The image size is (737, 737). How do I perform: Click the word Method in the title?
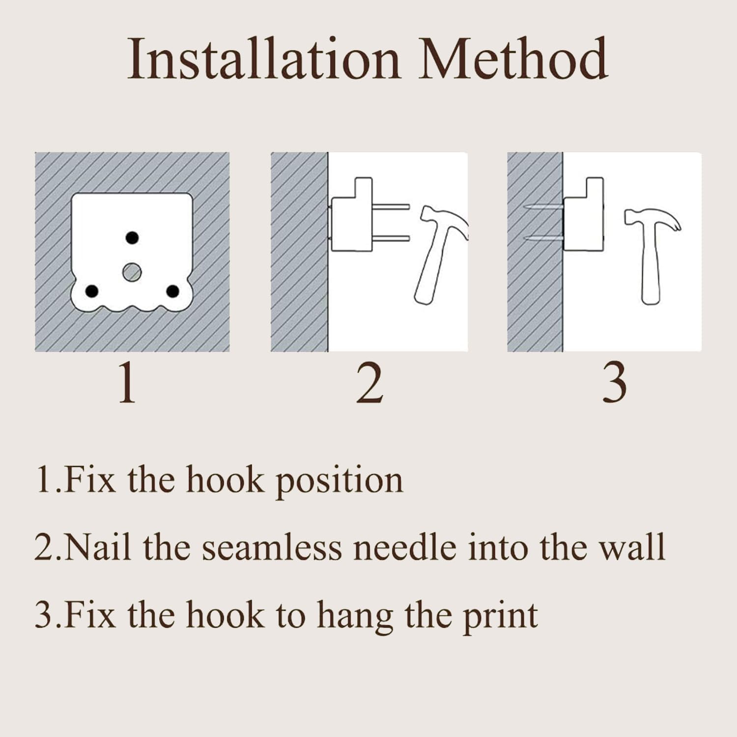[514, 58]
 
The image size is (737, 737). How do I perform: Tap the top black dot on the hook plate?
[132, 238]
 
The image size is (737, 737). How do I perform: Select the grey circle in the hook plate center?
[132, 272]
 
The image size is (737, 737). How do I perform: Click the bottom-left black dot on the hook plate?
[92, 291]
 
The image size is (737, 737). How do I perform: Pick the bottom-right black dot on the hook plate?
[172, 291]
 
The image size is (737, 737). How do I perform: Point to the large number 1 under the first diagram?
[127, 383]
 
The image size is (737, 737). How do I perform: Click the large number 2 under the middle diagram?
[369, 383]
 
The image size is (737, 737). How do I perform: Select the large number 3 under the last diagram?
[614, 383]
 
